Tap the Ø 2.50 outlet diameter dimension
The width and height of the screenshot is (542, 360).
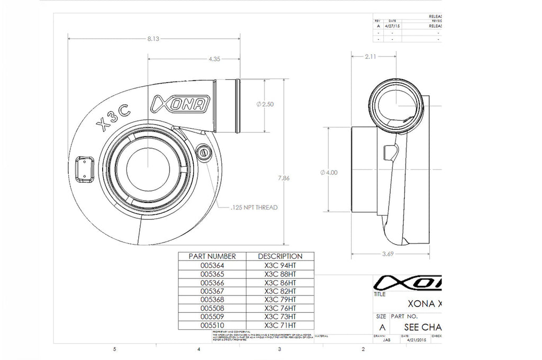click(265, 104)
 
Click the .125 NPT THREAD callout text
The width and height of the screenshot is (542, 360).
click(254, 208)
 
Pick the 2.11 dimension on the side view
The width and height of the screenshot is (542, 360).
click(371, 57)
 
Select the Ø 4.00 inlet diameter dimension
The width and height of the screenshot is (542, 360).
click(329, 173)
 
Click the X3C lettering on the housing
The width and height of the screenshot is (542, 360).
click(115, 116)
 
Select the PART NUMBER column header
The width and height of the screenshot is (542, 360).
click(212, 256)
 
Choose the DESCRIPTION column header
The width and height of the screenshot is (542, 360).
click(280, 256)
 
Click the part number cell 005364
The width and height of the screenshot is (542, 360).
click(212, 265)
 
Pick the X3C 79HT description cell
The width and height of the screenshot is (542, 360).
click(280, 299)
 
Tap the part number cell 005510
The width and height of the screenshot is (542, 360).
click(212, 325)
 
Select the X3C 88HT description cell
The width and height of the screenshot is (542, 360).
click(280, 274)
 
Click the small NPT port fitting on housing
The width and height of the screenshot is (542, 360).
click(202, 152)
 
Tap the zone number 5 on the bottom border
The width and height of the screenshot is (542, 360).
click(115, 349)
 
